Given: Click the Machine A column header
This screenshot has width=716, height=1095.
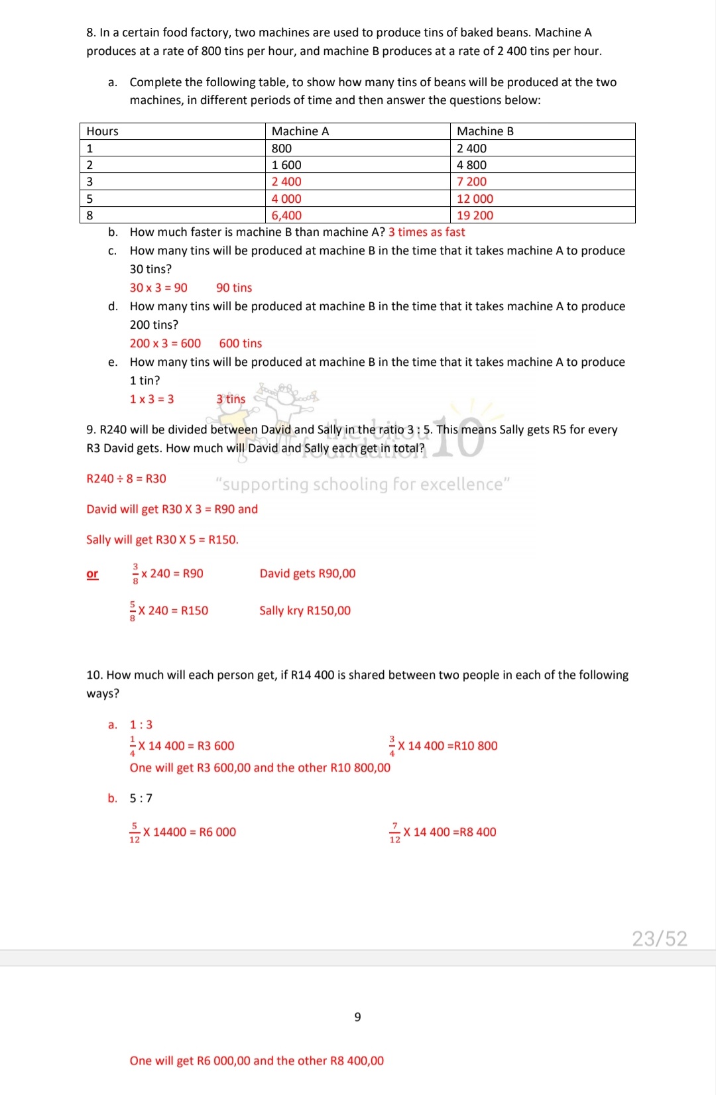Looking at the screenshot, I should point(300,131).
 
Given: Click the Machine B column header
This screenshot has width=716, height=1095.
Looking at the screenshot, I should point(485,131).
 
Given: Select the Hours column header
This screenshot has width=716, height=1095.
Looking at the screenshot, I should point(103,131).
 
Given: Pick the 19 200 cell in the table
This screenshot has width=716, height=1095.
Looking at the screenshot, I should point(475,215).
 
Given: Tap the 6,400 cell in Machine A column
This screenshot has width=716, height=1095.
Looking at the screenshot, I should point(286,215).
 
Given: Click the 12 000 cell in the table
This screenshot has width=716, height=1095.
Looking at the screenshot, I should point(475,199).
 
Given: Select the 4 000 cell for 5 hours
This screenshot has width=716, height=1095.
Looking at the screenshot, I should point(286,199).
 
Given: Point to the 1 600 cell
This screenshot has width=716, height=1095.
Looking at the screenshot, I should point(286,165).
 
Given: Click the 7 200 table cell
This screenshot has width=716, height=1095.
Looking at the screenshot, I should point(471,182).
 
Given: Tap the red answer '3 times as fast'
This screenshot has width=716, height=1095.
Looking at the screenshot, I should point(426,232).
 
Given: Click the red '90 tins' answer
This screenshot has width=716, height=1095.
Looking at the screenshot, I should point(234,288).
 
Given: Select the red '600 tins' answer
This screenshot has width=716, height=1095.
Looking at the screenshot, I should point(241,343).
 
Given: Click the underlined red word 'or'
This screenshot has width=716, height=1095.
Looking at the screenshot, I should point(92,574).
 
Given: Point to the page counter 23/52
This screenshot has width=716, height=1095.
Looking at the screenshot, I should point(659,939).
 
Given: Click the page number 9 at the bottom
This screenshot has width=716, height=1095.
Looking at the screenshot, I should point(358,1017).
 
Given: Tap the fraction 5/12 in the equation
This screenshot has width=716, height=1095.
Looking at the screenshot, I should point(135,833).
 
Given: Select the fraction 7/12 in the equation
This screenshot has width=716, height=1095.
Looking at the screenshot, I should point(394,833).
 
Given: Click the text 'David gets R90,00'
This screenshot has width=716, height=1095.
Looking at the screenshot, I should point(308,573).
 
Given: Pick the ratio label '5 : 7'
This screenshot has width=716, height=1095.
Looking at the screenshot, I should point(141,798).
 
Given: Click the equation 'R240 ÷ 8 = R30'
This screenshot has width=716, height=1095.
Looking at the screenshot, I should point(127,479).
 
